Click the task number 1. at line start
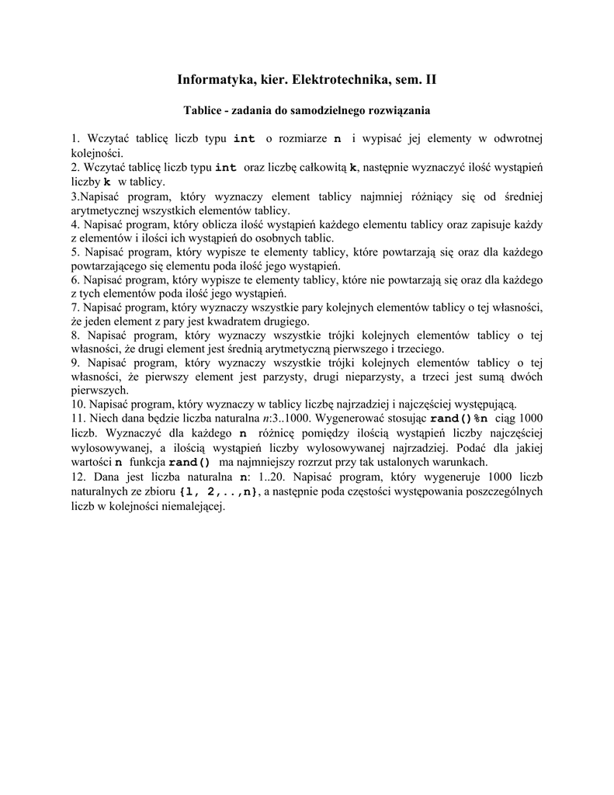[x=75, y=138]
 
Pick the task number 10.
[x=78, y=404]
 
